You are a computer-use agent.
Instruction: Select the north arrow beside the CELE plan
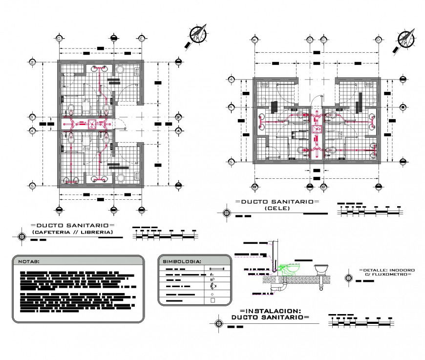(x=406, y=39)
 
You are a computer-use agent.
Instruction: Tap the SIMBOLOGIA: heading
(x=182, y=261)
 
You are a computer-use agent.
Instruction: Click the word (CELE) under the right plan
(x=277, y=209)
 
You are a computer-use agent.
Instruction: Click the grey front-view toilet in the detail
(x=321, y=270)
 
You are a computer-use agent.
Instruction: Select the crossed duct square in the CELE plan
(x=317, y=129)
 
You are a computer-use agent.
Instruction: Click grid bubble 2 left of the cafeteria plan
(x=32, y=62)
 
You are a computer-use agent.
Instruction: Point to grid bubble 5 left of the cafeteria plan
(x=32, y=186)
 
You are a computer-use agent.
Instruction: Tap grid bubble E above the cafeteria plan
(x=141, y=38)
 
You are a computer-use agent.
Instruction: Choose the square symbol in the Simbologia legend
(x=212, y=301)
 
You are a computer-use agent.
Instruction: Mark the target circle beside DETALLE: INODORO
(x=349, y=277)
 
